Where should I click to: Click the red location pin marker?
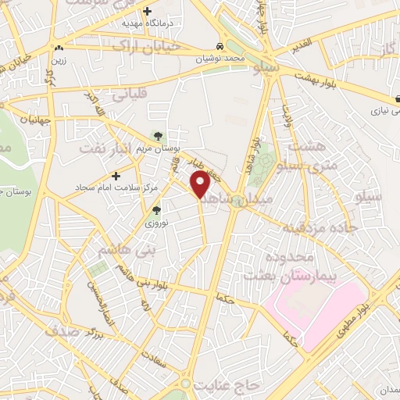coord(202,184)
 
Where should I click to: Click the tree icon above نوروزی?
coord(156,209)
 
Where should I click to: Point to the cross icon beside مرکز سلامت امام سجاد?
coord(116,176)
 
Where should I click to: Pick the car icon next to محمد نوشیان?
coord(222,45)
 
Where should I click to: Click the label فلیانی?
coord(129,96)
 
